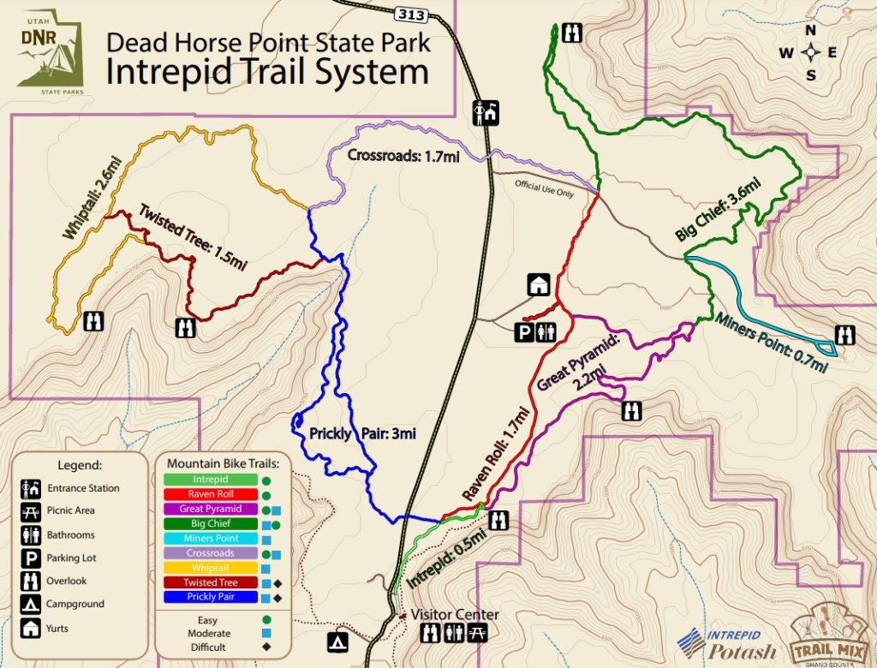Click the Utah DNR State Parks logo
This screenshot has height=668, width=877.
click(51, 52)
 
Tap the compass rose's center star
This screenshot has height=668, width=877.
click(809, 53)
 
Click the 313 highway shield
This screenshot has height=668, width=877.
click(409, 14)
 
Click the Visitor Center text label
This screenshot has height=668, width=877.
click(454, 615)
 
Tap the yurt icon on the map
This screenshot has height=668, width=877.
click(539, 284)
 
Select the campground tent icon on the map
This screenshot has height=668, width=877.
click(339, 641)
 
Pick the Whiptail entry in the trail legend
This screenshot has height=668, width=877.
click(211, 568)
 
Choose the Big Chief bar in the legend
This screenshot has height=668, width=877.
click(211, 523)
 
